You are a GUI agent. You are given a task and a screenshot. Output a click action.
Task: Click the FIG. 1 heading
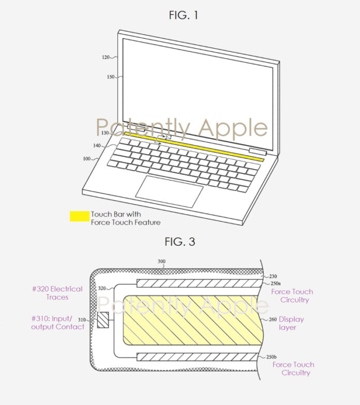pos(184,15)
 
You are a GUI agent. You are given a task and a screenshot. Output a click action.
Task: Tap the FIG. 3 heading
pos(179,242)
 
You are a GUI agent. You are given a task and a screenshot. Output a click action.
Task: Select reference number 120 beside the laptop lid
pos(106,57)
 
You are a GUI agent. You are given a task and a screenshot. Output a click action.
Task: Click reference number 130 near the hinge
pos(105,133)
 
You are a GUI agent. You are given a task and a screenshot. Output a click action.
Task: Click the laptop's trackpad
pos(169,188)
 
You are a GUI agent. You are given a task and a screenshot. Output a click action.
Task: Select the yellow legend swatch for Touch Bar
pos(79,216)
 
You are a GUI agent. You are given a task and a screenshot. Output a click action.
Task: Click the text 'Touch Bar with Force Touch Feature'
pos(125,218)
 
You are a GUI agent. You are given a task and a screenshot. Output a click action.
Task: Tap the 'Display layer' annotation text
pos(291,323)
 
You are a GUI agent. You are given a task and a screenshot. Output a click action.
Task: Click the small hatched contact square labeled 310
pos(103,320)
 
